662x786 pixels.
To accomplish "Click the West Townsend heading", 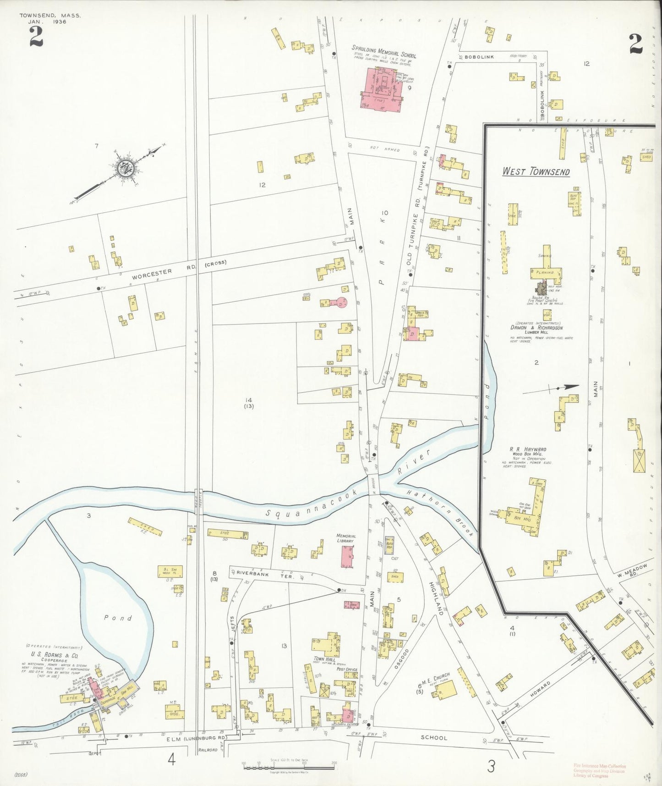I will (x=536, y=172).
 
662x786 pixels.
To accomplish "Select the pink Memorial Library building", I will (x=347, y=556).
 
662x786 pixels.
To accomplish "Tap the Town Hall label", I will (x=325, y=659).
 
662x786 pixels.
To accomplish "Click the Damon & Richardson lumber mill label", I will (x=536, y=327).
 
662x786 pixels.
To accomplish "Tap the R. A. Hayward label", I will (x=528, y=449).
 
